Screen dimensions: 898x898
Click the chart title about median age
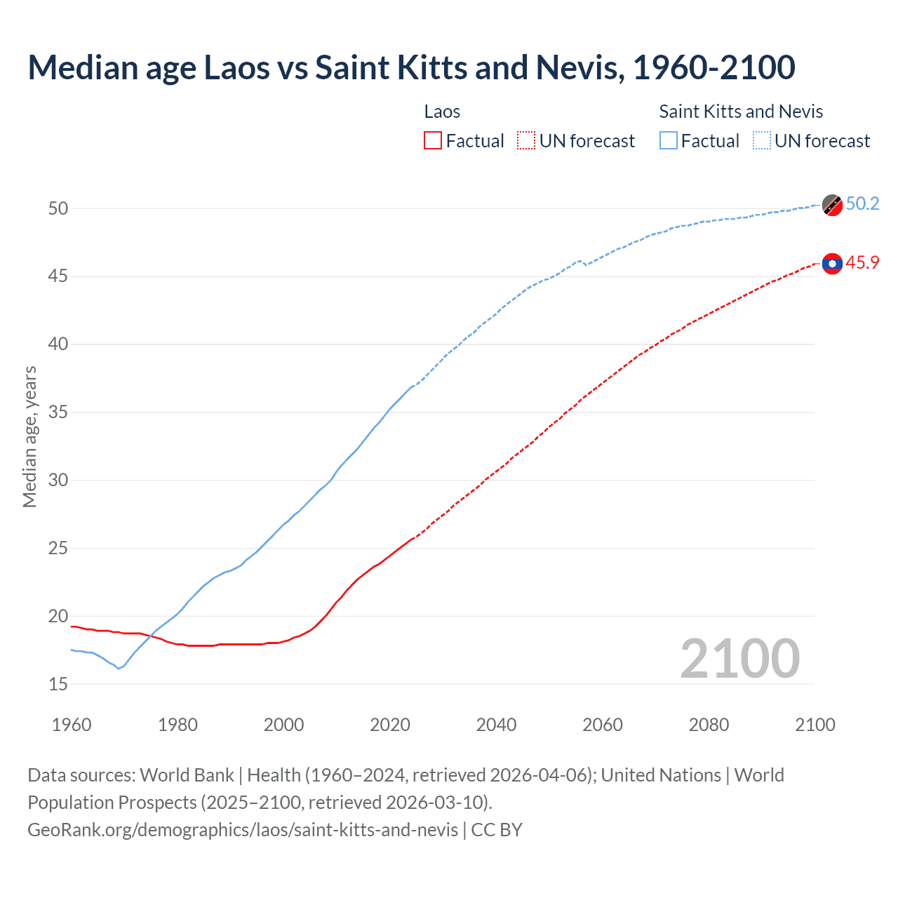pyautogui.click(x=411, y=67)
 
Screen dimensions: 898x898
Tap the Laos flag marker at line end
pyautogui.click(x=832, y=263)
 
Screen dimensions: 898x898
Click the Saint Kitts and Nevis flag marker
pyautogui.click(x=832, y=205)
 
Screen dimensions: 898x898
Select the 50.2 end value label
pyautogui.click(x=862, y=203)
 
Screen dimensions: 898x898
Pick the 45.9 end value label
pyautogui.click(x=862, y=262)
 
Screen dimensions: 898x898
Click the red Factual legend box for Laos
pyautogui.click(x=433, y=141)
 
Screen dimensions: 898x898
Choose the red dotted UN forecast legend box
pyautogui.click(x=526, y=141)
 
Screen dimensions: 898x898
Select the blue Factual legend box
pyautogui.click(x=669, y=141)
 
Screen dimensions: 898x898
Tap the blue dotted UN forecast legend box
pyautogui.click(x=762, y=141)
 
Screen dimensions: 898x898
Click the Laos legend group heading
pyautogui.click(x=442, y=112)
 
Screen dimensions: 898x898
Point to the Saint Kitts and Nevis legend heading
pyautogui.click(x=741, y=112)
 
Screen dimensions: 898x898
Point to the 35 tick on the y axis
pyautogui.click(x=58, y=412)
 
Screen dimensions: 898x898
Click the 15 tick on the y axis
pyautogui.click(x=58, y=684)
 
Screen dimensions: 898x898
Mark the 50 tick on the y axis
pyautogui.click(x=58, y=208)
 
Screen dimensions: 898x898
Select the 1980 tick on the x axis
pyautogui.click(x=177, y=725)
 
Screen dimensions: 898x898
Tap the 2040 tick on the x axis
pyautogui.click(x=496, y=725)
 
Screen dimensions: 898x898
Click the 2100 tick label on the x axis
pyautogui.click(x=815, y=725)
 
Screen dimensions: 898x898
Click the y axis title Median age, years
pyautogui.click(x=29, y=436)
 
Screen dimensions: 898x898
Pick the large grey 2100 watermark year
pyautogui.click(x=739, y=658)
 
